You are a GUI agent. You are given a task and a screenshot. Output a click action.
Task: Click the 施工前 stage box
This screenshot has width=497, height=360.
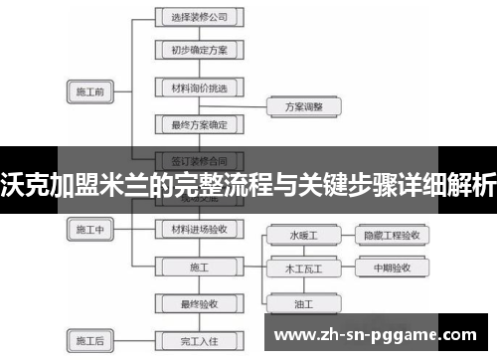[x=89, y=92]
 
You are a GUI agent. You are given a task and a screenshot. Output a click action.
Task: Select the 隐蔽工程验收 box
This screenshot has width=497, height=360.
[x=392, y=236]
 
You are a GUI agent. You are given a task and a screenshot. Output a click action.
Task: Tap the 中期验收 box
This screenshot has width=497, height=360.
[x=392, y=268]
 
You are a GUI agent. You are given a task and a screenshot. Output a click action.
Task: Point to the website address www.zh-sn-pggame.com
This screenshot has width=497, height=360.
[x=379, y=334]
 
